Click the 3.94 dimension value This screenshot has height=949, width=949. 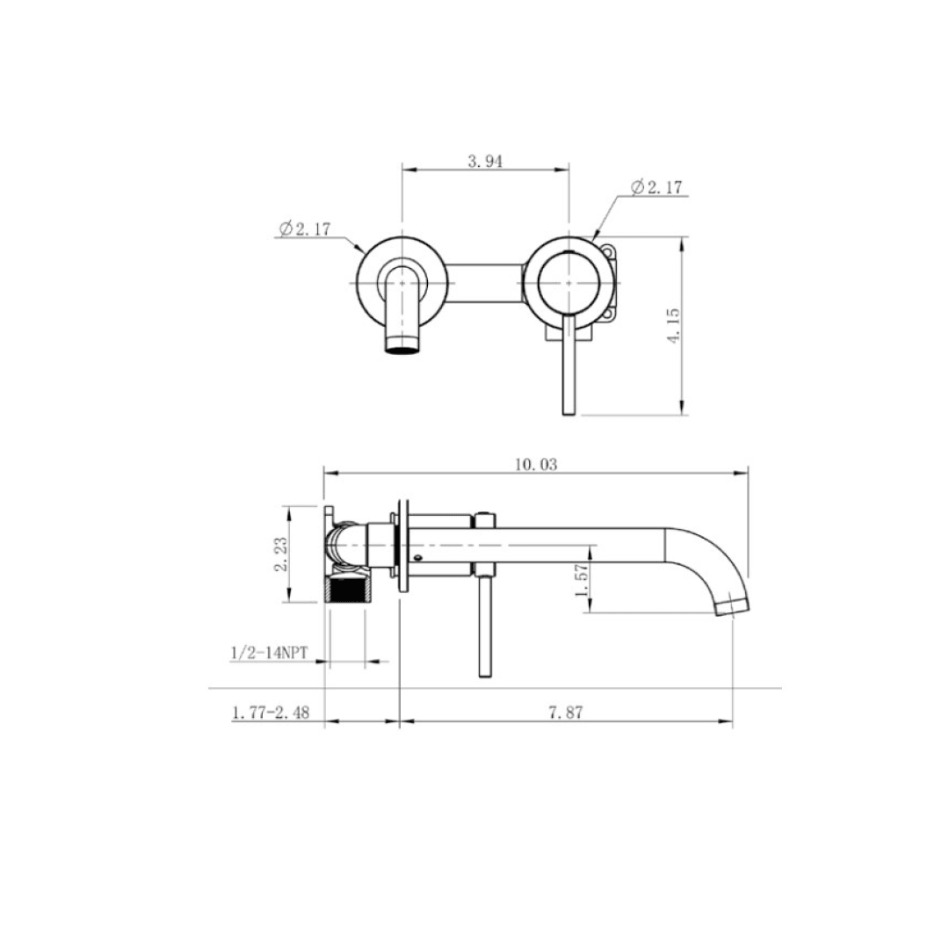(485, 162)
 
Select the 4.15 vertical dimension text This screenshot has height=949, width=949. (674, 325)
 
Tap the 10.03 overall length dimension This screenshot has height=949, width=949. (536, 465)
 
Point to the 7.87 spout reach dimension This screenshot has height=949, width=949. (566, 714)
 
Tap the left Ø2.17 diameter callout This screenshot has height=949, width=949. (304, 229)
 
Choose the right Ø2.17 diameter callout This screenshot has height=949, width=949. (656, 187)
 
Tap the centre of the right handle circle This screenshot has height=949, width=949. (569, 282)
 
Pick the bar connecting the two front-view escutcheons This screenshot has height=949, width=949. (487, 282)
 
